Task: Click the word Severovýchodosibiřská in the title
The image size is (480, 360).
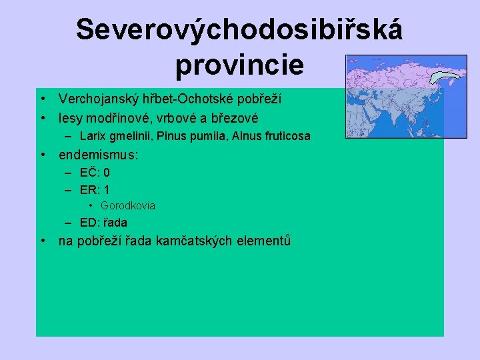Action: click(x=239, y=30)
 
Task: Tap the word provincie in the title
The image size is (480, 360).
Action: click(x=239, y=65)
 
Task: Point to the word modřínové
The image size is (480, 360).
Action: click(x=114, y=118)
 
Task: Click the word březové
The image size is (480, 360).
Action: click(x=234, y=118)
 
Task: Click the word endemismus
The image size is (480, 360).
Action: click(x=97, y=155)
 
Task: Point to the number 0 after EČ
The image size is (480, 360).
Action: click(x=107, y=173)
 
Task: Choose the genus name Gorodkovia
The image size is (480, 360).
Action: click(x=128, y=206)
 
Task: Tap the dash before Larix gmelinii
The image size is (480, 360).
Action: click(x=69, y=137)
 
